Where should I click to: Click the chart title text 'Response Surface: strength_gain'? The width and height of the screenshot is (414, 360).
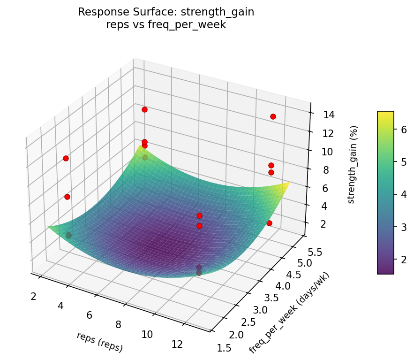166,12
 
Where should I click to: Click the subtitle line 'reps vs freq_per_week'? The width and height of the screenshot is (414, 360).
166,25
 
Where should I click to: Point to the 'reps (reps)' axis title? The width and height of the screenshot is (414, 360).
100,342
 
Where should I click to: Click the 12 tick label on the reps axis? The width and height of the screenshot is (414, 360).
177,344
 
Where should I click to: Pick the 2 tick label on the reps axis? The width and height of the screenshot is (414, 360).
34,296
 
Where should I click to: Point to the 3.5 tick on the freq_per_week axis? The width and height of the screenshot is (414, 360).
271,298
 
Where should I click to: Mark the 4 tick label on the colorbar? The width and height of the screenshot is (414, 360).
402,194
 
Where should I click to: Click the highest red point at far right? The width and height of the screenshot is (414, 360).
273,116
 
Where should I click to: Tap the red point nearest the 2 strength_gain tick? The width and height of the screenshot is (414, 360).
269,223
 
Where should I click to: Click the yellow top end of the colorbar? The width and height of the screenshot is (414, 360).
385,114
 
